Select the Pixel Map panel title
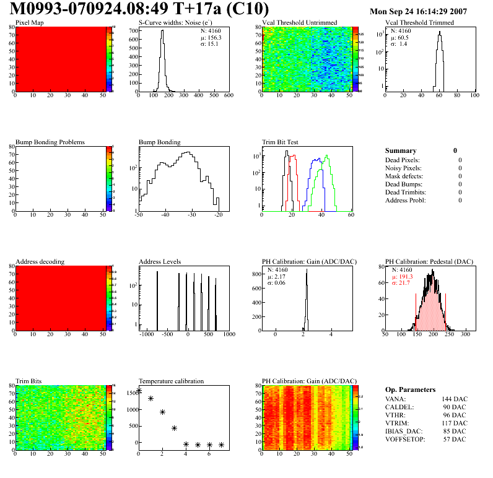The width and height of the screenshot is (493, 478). point(30,23)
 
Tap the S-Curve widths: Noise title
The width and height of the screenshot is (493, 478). point(173,23)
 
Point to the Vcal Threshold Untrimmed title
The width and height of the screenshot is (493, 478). point(299,23)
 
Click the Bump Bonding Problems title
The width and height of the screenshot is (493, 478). point(50,142)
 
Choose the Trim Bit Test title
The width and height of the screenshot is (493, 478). point(280,142)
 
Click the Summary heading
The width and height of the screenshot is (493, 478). point(401,150)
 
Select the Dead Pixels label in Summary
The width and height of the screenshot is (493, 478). point(402,160)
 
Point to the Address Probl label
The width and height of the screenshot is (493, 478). point(406,200)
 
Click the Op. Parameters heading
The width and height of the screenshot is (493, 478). point(410,389)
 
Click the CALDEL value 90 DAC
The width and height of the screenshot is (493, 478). point(455,407)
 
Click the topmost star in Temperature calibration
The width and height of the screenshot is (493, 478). point(139,391)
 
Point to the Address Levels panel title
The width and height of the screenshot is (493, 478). point(160,262)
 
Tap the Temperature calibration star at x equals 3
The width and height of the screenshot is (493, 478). point(174,428)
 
